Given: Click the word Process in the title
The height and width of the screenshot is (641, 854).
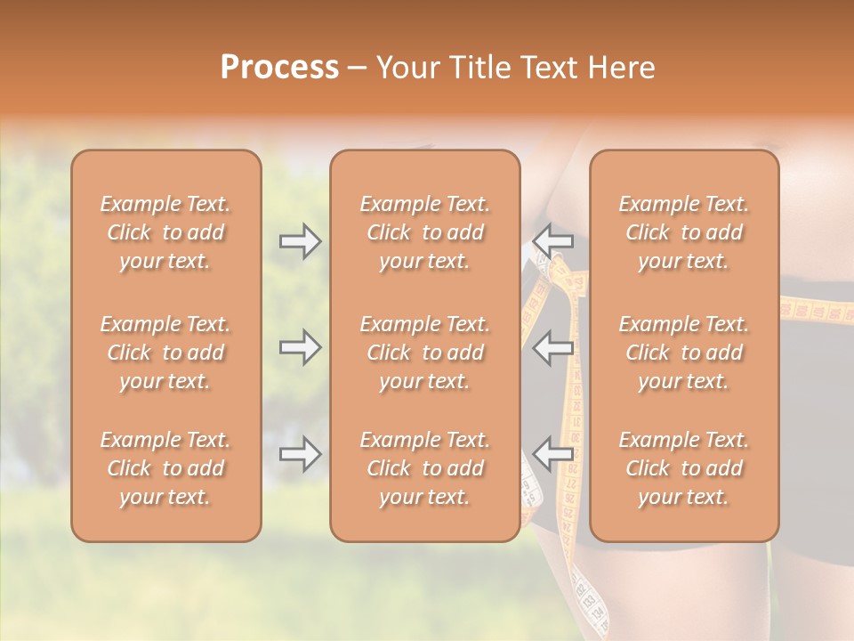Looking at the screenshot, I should tap(279, 68).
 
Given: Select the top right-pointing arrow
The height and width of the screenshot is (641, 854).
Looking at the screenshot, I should tap(300, 241).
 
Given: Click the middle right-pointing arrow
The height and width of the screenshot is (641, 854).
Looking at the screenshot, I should tap(300, 347).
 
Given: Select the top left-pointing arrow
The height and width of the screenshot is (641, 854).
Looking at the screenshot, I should tap(553, 238).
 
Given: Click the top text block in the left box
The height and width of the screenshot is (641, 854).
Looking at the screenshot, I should tap(165, 232).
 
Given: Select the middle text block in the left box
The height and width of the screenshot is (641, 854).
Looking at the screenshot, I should tap(165, 353).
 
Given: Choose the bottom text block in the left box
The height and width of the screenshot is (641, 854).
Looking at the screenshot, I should tap(165, 468).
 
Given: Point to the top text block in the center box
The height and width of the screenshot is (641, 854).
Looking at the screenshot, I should tap(424, 232).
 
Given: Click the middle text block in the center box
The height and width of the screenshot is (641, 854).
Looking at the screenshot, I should tap(424, 353).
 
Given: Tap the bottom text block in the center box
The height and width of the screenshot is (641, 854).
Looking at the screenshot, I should tap(424, 468).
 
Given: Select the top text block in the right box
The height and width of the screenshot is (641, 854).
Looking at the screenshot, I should tap(683, 232).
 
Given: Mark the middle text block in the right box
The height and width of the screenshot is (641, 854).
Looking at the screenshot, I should tap(683, 353).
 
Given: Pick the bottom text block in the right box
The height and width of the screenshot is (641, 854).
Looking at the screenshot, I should tap(683, 468).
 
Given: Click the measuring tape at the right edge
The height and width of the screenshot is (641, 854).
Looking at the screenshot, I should tap(817, 312).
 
